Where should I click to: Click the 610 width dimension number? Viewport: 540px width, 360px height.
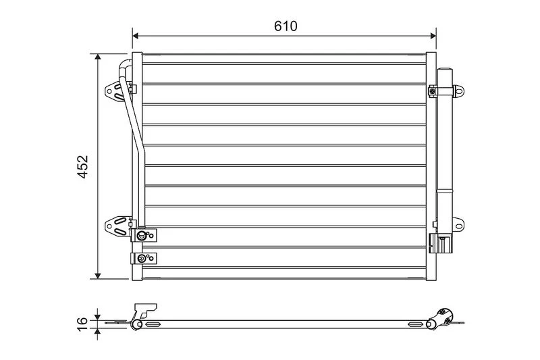point(286,26)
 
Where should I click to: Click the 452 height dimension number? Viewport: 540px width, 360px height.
point(82,167)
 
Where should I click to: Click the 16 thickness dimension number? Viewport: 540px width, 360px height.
point(82,324)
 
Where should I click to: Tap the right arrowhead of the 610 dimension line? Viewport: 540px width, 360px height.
point(433,36)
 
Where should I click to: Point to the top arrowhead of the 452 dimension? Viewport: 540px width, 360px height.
point(98,57)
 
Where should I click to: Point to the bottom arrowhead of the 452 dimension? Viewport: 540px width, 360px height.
point(98,276)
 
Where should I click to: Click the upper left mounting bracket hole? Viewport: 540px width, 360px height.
point(109,92)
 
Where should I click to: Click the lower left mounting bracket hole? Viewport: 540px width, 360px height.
point(109,226)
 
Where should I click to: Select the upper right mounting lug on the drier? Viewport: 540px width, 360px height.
point(458,91)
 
